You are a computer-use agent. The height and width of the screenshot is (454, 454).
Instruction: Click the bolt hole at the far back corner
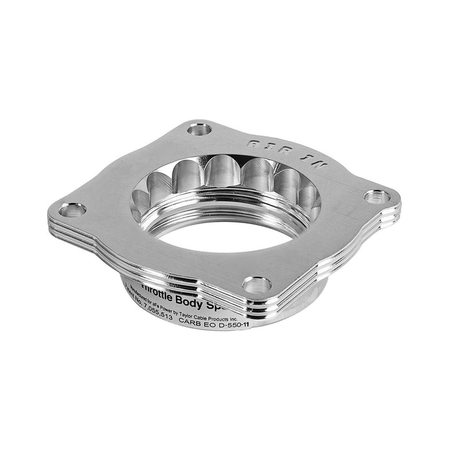point(199,128)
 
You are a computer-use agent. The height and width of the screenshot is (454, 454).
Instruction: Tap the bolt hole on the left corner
point(72,209)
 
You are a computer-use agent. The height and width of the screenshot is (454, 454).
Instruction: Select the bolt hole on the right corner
point(377,195)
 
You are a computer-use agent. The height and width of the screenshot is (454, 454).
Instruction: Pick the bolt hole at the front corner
point(257,284)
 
